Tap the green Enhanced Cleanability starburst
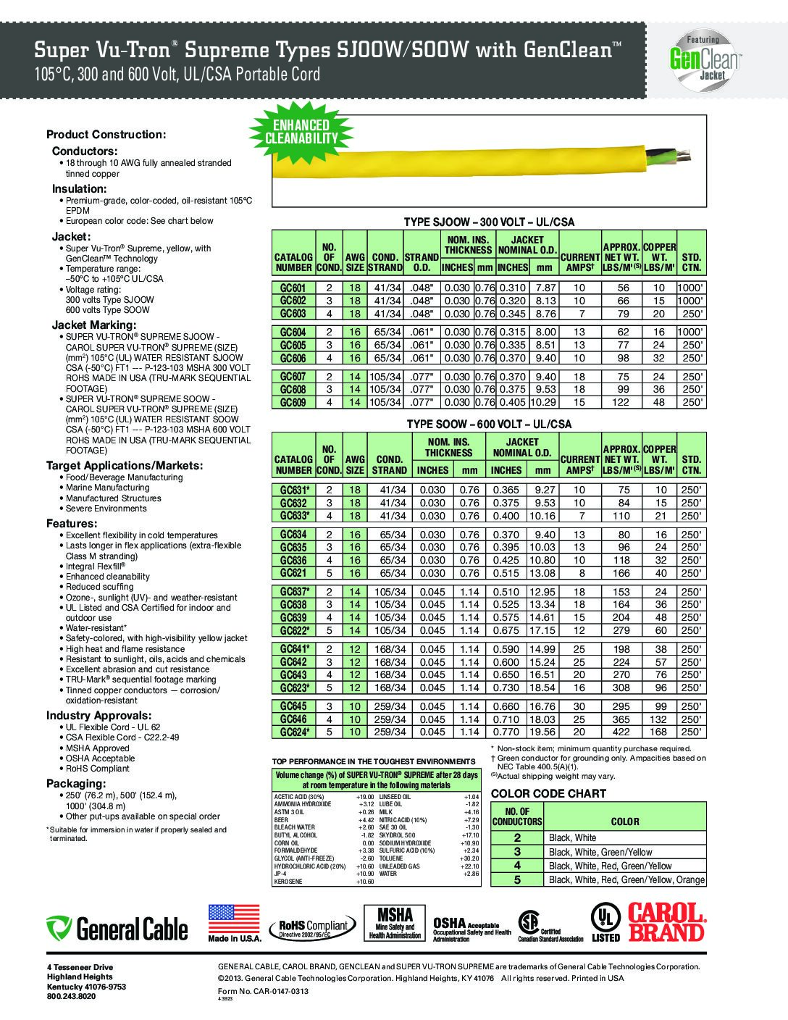[301, 131]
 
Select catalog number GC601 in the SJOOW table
[293, 288]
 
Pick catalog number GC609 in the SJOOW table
[293, 402]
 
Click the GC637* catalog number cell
[294, 592]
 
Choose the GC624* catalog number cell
[294, 732]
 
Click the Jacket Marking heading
[93, 325]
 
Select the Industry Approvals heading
[98, 716]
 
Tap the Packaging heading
[76, 784]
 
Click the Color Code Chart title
[548, 793]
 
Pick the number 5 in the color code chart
[517, 879]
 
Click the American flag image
[234, 919]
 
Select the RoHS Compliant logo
[309, 927]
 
